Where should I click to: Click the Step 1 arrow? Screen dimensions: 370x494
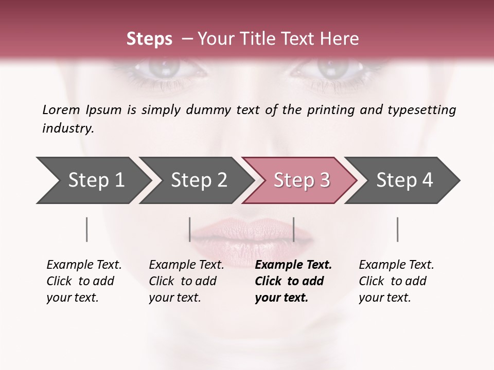(x=93, y=180)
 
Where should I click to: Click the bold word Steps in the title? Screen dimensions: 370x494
(x=149, y=39)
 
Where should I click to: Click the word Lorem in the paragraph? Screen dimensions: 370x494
(x=61, y=109)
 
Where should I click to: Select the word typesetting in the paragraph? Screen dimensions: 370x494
(x=426, y=109)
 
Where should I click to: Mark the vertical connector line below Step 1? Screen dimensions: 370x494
(x=86, y=229)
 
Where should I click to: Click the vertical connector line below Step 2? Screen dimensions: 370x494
(x=190, y=229)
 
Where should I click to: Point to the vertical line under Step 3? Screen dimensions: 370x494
(x=293, y=229)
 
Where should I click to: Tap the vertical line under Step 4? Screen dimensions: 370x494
(x=397, y=229)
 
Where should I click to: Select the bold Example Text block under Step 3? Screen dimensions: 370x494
(x=293, y=281)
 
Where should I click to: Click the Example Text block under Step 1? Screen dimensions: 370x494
(x=84, y=281)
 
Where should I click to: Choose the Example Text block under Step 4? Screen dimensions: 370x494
(x=396, y=281)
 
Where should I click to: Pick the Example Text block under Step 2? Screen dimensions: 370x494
(x=186, y=281)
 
